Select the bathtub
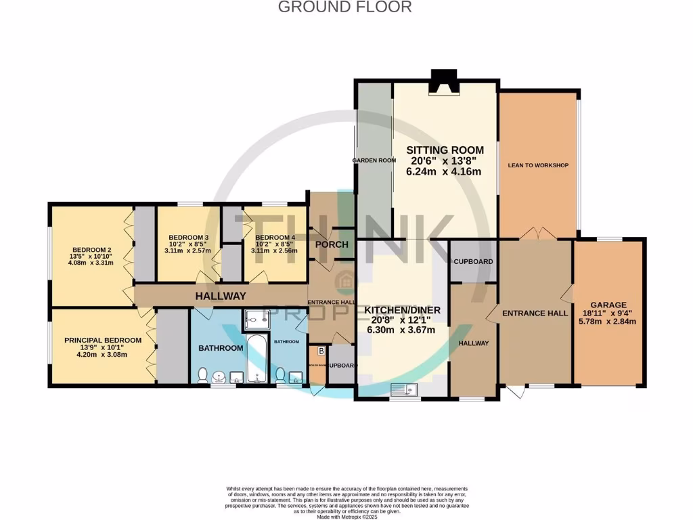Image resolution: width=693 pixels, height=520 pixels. (257, 360)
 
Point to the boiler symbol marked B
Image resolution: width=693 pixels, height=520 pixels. (321, 351)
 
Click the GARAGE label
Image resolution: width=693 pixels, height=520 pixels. (608, 305)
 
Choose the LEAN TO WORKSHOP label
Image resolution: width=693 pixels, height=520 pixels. (538, 165)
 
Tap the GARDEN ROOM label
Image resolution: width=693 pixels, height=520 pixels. (374, 160)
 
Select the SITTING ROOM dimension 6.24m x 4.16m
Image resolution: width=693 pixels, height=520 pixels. (444, 172)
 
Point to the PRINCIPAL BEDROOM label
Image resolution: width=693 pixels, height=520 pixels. (103, 340)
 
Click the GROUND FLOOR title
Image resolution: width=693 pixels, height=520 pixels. (345, 7)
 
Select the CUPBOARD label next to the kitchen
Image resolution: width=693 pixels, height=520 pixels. (473, 261)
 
